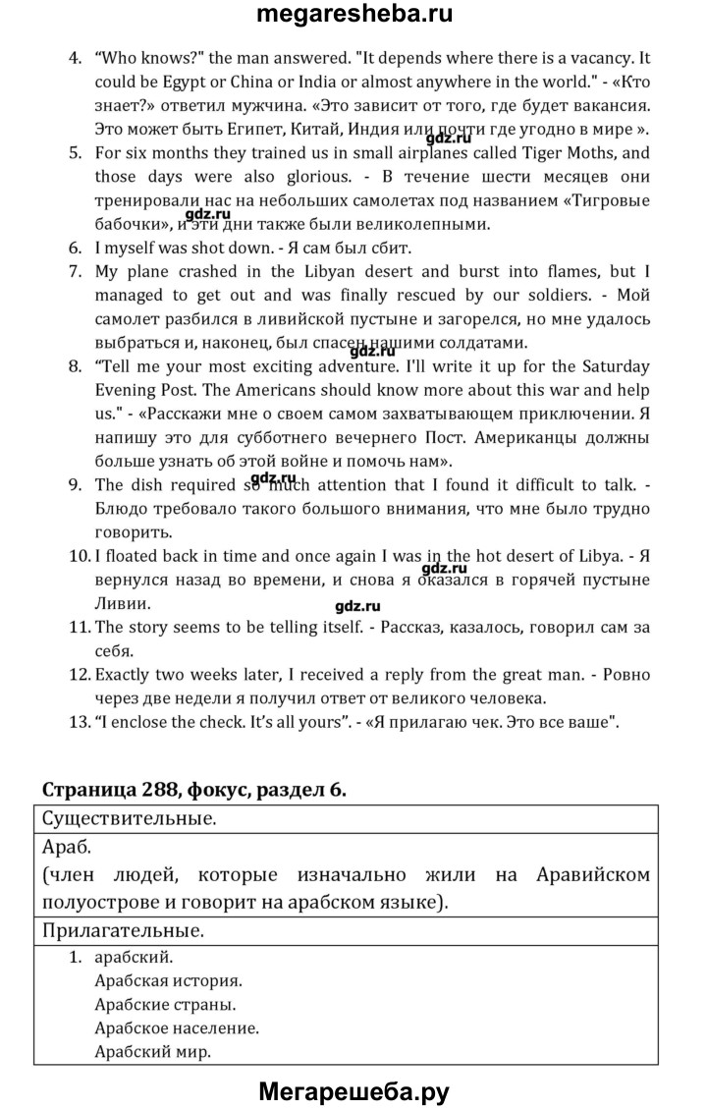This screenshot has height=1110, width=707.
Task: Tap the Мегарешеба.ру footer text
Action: (x=354, y=1089)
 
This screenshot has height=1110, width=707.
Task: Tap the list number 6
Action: (x=75, y=249)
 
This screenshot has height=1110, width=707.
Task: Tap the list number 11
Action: (x=79, y=628)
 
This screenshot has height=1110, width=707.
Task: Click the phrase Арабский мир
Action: (x=153, y=1051)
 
